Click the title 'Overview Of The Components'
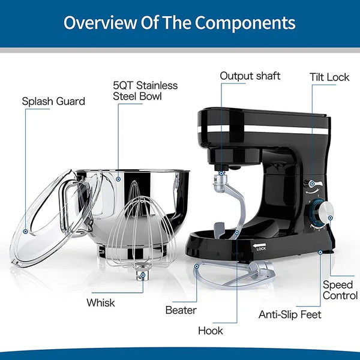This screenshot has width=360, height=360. [x=179, y=23]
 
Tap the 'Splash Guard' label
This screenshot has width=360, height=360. [x=53, y=101]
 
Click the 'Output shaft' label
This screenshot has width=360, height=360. [x=250, y=76]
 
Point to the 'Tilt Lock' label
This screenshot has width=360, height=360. [x=330, y=77]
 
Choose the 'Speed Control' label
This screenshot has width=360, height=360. [x=341, y=290]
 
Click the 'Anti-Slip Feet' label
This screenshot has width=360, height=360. [x=290, y=314]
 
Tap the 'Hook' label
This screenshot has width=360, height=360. [x=210, y=331]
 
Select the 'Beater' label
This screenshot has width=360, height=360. [x=180, y=310]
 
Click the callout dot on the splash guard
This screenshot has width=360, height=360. [x=26, y=230]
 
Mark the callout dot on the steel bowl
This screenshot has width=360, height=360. [x=118, y=178]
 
